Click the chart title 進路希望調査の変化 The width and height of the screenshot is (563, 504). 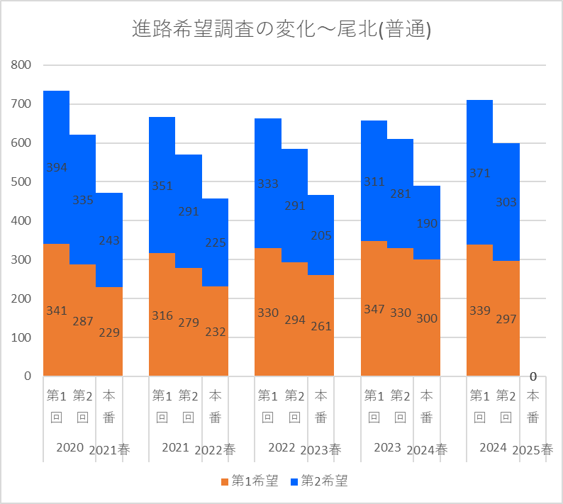(x=281, y=30)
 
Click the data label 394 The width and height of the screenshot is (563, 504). (x=57, y=168)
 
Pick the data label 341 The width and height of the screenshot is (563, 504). (x=57, y=310)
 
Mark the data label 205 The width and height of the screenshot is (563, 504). (x=321, y=235)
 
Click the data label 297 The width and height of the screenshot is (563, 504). (x=506, y=319)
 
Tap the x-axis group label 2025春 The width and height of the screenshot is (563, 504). (x=533, y=449)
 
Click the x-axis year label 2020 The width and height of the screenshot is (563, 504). (x=69, y=448)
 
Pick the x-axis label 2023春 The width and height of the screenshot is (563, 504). (x=320, y=449)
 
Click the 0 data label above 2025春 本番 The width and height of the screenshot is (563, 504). (x=533, y=376)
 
